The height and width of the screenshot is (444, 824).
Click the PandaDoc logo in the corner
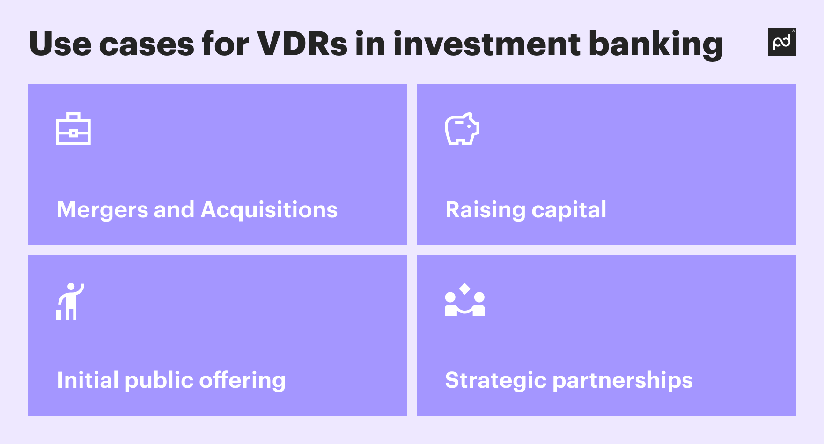coord(781,42)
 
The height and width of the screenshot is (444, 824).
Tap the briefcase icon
coord(74,129)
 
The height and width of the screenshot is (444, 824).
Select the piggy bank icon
coord(462,129)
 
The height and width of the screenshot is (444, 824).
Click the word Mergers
coord(103,210)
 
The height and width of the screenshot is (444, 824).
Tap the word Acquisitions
coord(269,210)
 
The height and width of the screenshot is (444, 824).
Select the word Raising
coord(485,210)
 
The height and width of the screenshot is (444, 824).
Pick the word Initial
coord(88,380)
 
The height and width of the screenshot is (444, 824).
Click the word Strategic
coord(496,380)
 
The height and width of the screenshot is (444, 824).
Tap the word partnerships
coord(623,380)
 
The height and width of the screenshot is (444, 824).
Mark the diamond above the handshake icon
coord(464,289)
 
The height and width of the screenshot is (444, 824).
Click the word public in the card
coord(159,380)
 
